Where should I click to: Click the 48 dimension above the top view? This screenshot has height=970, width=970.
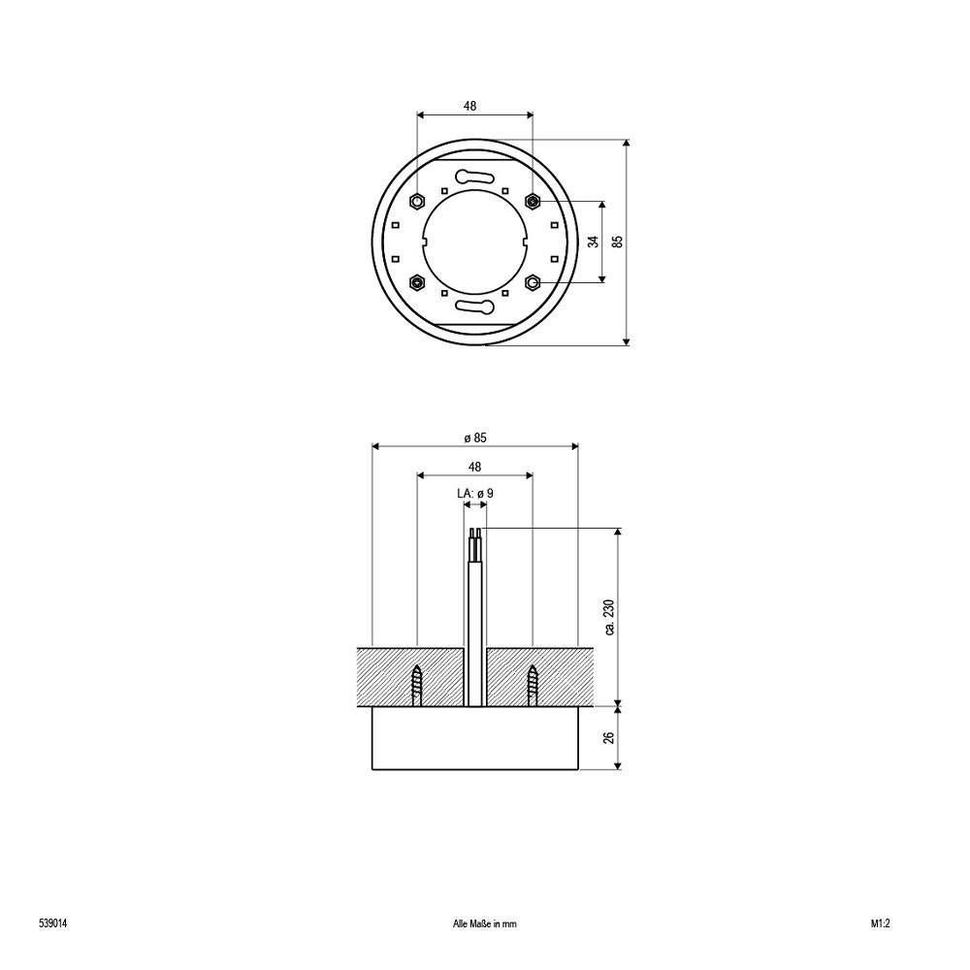[x=470, y=106]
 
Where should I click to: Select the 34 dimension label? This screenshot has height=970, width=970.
[x=594, y=242]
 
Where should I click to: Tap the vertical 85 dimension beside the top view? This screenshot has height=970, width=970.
[x=617, y=242]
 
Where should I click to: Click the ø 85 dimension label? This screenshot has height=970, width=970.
[x=475, y=437]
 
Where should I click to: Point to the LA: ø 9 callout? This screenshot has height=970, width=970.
[x=475, y=493]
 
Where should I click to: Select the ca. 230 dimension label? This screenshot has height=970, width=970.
[x=610, y=617]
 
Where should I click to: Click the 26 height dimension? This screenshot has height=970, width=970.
[x=610, y=737]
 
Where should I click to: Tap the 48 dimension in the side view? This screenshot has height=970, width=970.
[x=474, y=467]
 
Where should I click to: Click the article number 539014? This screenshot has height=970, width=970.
[x=52, y=906]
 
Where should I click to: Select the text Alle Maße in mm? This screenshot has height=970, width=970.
[x=484, y=906]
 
